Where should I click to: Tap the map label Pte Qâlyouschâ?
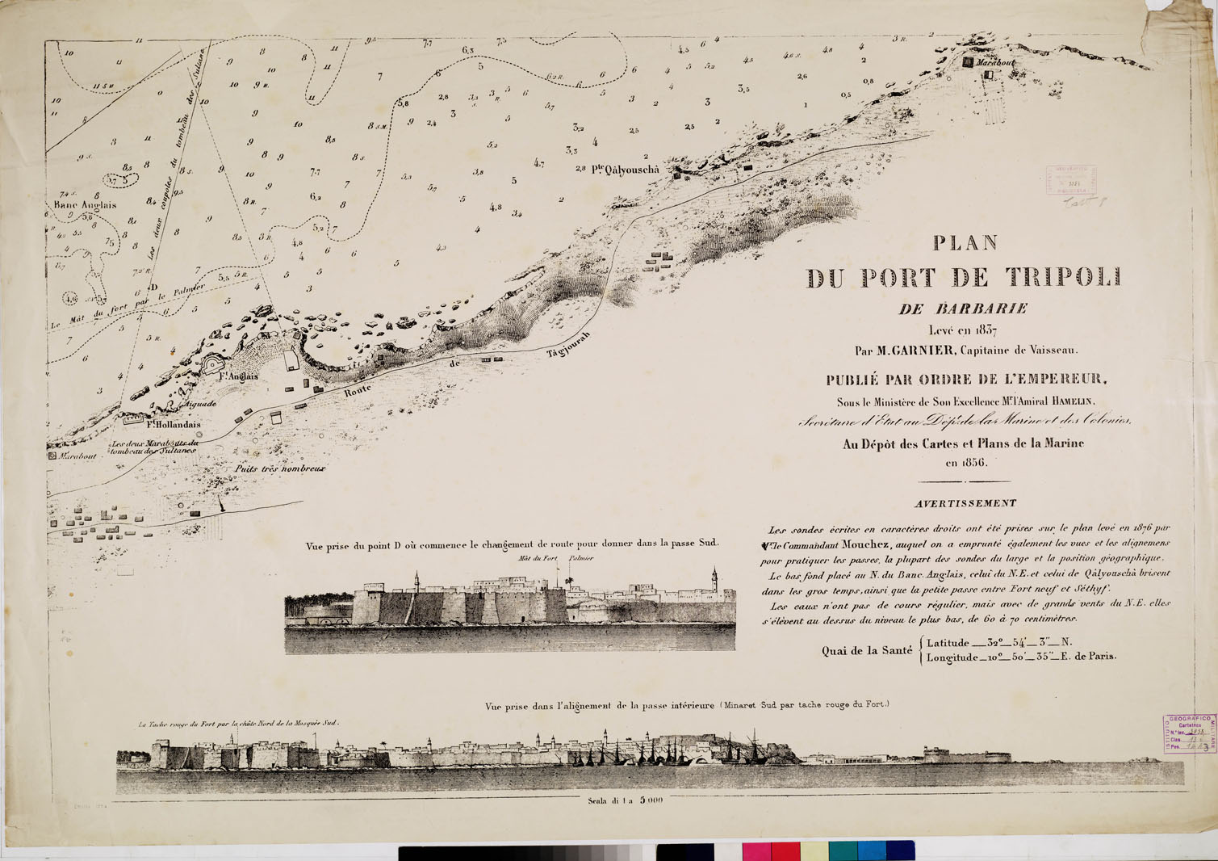click(x=625, y=170)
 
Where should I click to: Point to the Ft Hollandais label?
click(x=174, y=423)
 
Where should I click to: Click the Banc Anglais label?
click(x=85, y=205)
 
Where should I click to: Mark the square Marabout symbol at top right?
click(x=969, y=61)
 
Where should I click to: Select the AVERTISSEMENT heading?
click(x=965, y=503)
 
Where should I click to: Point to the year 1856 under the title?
click(x=967, y=463)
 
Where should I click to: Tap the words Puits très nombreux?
click(x=280, y=468)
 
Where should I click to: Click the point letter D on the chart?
click(x=153, y=288)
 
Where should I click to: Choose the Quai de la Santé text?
click(x=867, y=650)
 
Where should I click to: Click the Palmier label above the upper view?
click(x=581, y=558)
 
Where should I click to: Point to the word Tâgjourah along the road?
click(x=569, y=345)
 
